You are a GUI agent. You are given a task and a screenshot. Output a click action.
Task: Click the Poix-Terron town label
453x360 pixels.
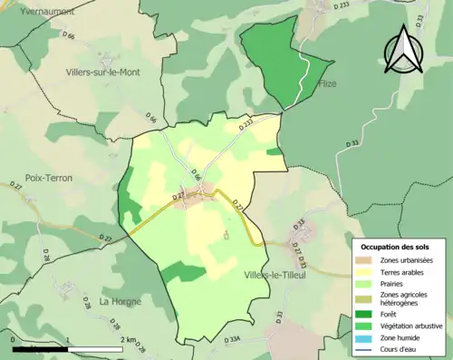49,178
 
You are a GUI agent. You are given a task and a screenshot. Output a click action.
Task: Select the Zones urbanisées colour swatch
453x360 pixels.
364,260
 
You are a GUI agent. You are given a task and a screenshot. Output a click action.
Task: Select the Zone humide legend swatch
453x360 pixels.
364,336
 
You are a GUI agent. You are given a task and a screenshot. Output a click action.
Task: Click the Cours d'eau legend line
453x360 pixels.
364,348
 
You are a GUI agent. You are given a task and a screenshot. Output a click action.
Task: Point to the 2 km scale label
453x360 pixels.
127,339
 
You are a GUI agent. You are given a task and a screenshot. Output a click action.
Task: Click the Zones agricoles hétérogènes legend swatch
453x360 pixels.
364,297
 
